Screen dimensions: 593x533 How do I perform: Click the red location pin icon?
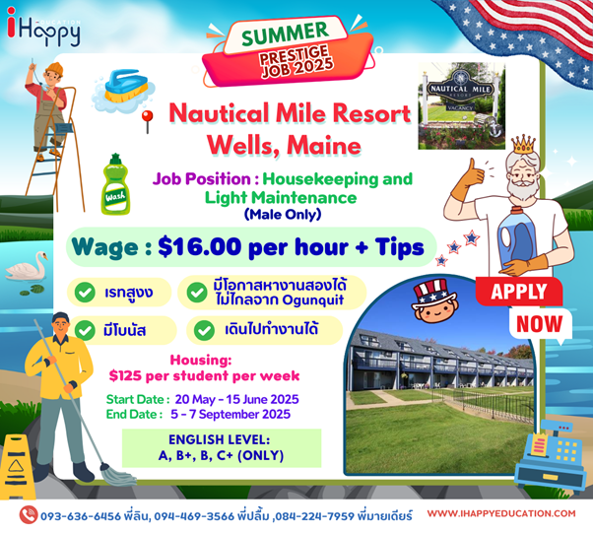(147, 121)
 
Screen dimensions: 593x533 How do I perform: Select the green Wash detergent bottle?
(115, 184)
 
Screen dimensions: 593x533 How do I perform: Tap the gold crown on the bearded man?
(523, 144)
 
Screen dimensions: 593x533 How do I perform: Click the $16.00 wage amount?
(200, 247)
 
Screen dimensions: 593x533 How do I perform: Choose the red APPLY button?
(519, 292)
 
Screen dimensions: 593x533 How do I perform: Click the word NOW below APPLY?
(539, 324)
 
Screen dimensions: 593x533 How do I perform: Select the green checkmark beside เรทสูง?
(85, 292)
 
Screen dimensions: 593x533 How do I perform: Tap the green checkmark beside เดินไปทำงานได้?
(204, 330)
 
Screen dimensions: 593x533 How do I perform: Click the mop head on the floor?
(118, 475)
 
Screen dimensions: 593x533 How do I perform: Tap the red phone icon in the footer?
(29, 515)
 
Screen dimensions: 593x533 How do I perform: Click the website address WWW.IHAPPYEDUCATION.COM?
(501, 513)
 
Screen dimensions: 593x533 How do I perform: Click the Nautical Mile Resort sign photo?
(461, 106)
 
